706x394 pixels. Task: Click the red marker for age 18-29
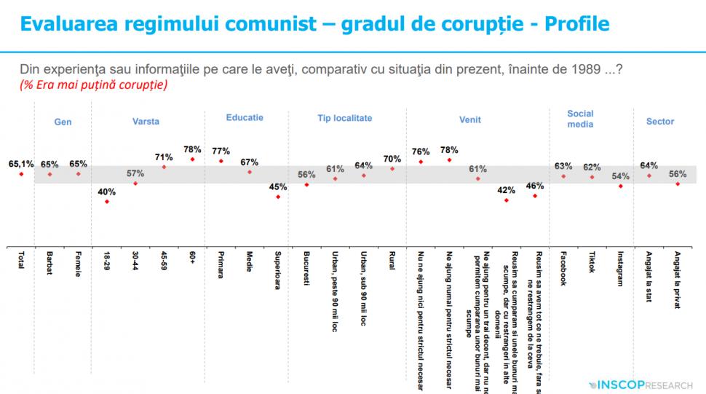(107, 201)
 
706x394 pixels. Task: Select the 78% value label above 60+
(192, 148)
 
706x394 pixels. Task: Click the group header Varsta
(146, 122)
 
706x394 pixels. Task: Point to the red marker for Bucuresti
(306, 184)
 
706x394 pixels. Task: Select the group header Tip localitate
(344, 118)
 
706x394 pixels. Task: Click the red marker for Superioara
(278, 197)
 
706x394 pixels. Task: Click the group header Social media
(580, 119)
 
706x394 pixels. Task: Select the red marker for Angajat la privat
(677, 184)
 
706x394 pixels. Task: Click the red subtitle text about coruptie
(94, 85)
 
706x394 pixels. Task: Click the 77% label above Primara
(221, 151)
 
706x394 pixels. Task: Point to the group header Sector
(660, 122)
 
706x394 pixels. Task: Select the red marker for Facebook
(563, 176)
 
